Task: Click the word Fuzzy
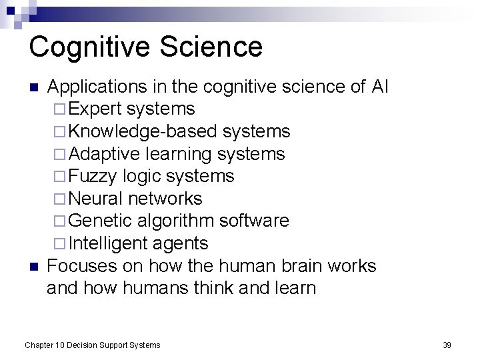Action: click(93, 176)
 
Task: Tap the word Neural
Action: click(96, 199)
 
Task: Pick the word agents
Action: click(181, 243)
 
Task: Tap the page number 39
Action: click(447, 345)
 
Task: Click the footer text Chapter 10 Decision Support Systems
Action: click(92, 345)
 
